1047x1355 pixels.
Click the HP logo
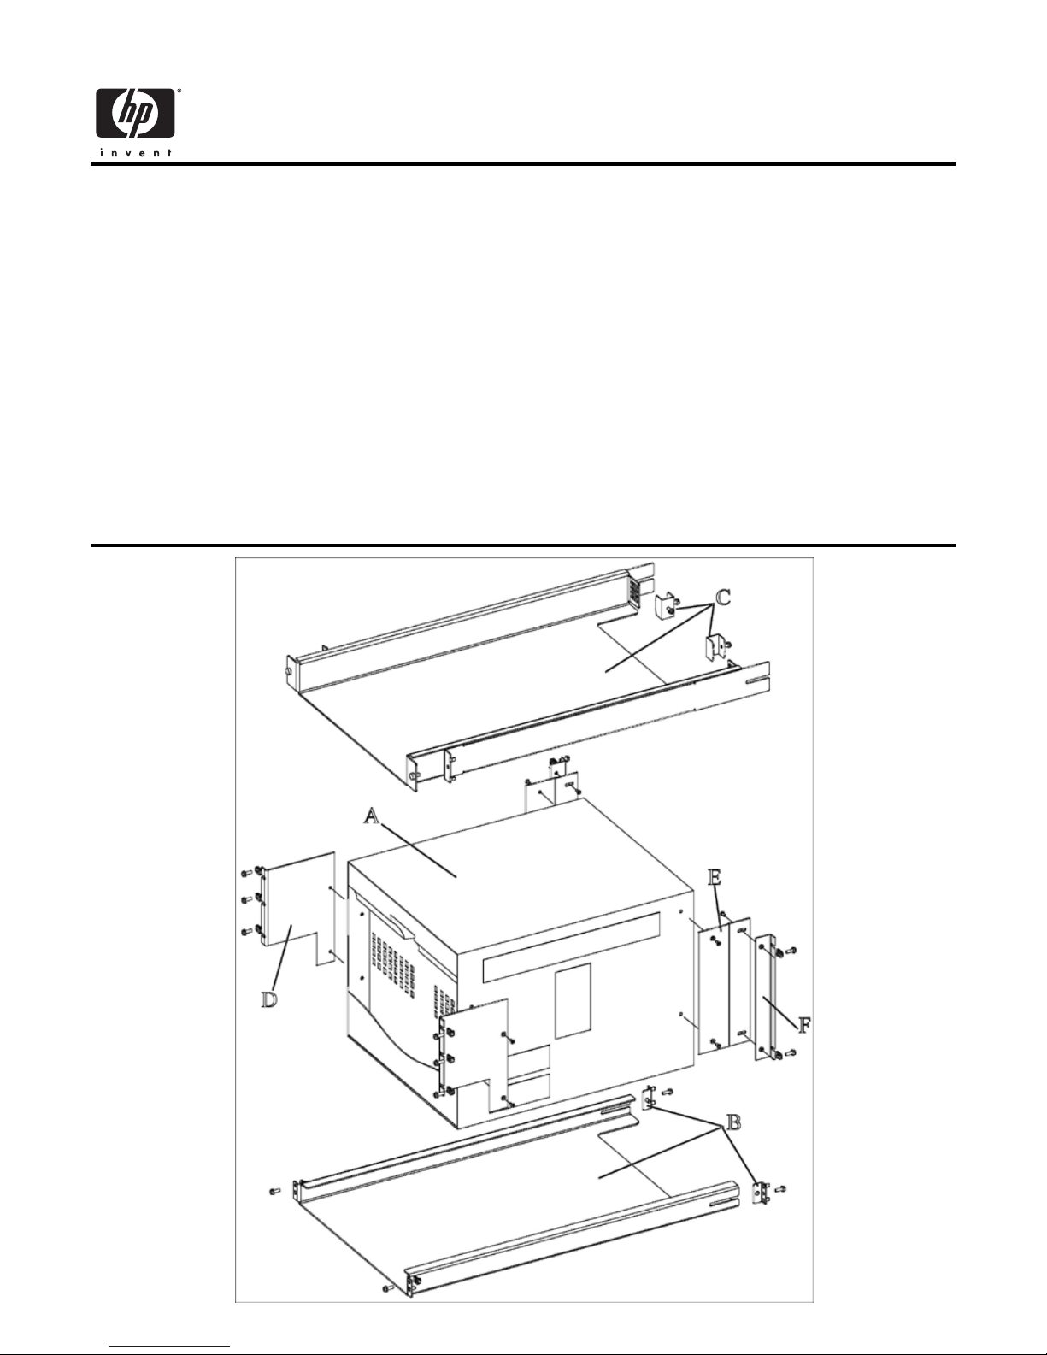(135, 113)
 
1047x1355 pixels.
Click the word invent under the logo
(135, 153)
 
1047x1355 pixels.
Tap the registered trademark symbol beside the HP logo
(179, 91)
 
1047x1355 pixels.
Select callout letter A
(372, 815)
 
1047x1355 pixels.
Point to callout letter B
(734, 1123)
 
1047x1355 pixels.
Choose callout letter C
(723, 598)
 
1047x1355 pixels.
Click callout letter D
(269, 1000)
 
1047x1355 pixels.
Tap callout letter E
(715, 878)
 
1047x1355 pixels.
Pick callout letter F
(804, 1025)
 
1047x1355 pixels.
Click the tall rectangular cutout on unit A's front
(573, 1001)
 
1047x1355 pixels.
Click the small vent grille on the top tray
(633, 590)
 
